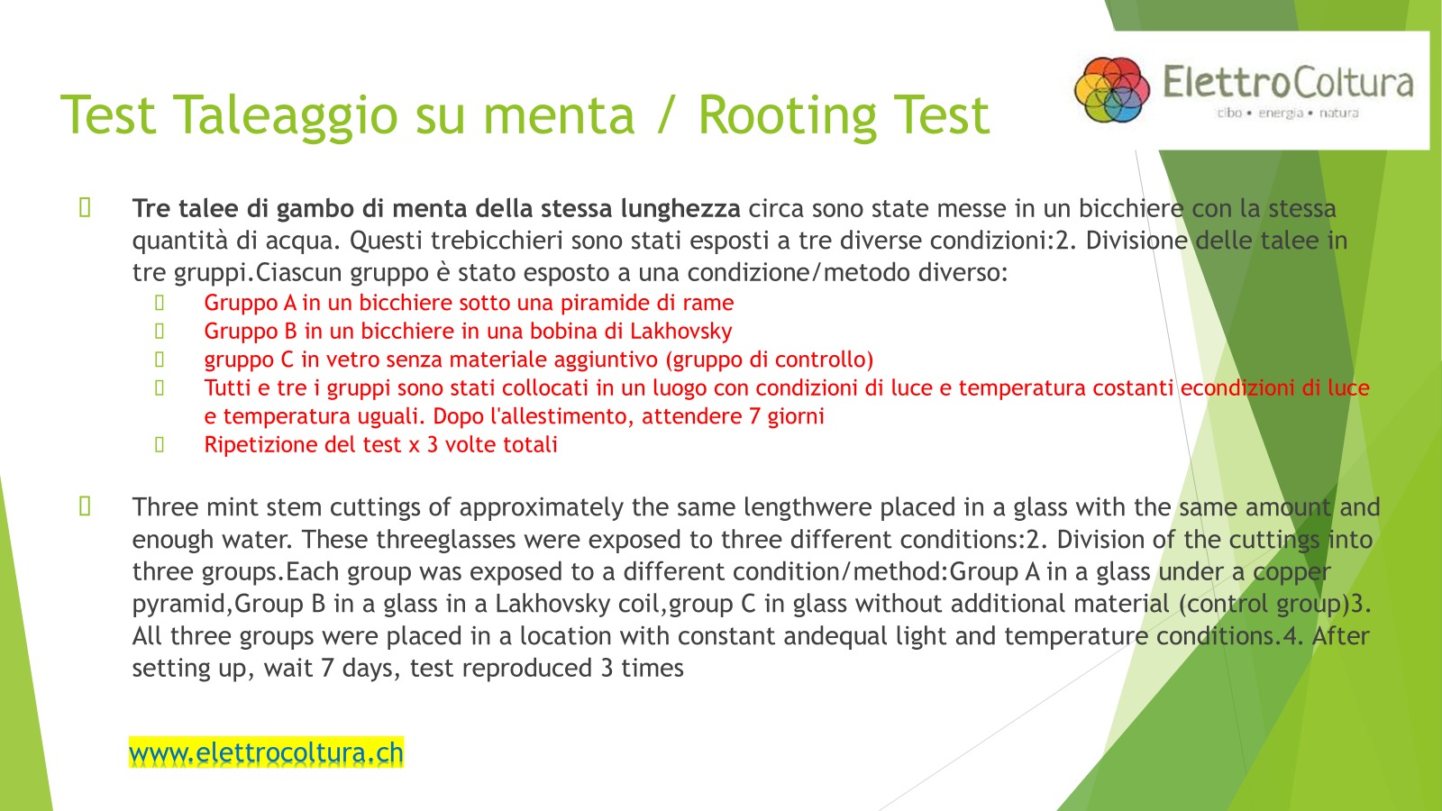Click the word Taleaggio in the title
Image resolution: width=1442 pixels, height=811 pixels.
[x=286, y=116]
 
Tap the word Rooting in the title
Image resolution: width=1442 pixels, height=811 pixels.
[x=788, y=116]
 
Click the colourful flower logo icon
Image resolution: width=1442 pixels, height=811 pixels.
[x=1112, y=89]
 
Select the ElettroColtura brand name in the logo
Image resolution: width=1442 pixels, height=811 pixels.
[x=1288, y=82]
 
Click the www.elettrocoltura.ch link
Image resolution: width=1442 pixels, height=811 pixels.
[x=266, y=752]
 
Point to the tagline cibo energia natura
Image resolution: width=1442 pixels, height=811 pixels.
[x=1288, y=114]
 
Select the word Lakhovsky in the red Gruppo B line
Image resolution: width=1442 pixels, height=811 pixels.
[x=680, y=331]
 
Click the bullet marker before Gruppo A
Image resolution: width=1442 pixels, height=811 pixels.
[x=160, y=303]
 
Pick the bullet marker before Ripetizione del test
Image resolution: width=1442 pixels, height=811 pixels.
[x=160, y=445]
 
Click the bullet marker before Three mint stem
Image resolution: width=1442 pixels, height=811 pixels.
[x=85, y=506]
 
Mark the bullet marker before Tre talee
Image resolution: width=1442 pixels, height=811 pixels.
[x=85, y=208]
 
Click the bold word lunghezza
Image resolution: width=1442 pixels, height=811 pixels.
[x=680, y=208]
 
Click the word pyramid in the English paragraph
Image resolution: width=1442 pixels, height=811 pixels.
[x=178, y=605]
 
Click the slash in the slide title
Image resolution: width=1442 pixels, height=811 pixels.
[x=666, y=116]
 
